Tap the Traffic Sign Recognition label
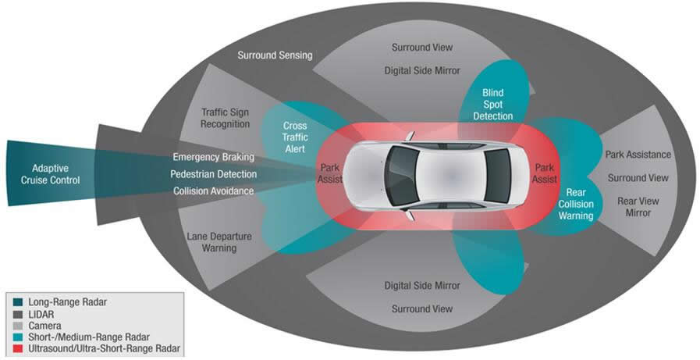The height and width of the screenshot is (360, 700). coord(225,118)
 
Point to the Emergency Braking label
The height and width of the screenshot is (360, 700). coord(213,156)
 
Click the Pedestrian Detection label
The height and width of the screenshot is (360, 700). coord(212,173)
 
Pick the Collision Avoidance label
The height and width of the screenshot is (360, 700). coord(212,191)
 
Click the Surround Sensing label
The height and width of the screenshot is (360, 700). coord(275,55)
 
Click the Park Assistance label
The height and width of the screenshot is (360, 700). coord(638,155)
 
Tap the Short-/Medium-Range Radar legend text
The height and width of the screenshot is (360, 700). coord(84,335)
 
